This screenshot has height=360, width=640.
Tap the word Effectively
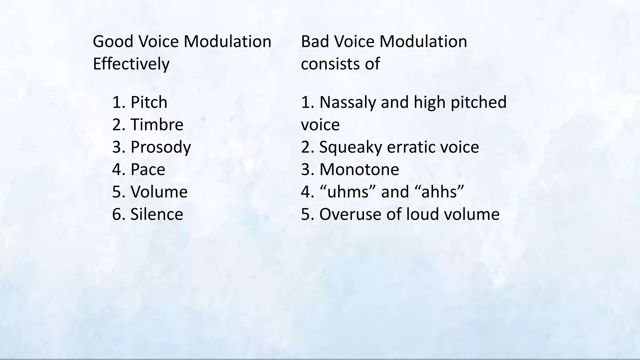coord(131,64)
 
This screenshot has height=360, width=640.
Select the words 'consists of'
coord(340,64)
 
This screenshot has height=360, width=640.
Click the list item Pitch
coord(149,102)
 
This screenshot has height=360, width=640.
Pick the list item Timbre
coord(157,125)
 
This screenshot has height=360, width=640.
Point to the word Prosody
coord(161,147)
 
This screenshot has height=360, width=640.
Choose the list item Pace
coord(147,169)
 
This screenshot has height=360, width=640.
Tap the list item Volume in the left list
coord(159,192)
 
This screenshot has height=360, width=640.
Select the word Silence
coord(157,214)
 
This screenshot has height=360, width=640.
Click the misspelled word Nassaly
coord(347,102)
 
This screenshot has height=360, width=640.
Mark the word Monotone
coord(359,169)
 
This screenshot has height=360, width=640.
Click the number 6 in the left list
coord(117,214)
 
